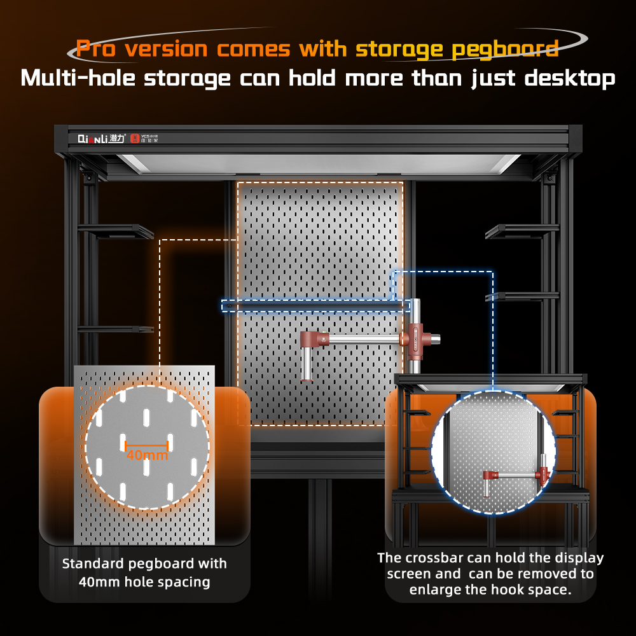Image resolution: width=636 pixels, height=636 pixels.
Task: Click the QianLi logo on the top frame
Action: tap(101, 139)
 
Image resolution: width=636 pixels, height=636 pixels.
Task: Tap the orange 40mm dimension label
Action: tap(148, 455)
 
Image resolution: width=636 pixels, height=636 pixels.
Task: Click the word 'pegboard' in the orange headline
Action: tap(505, 50)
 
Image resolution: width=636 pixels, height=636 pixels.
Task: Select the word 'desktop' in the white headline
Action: tap(570, 79)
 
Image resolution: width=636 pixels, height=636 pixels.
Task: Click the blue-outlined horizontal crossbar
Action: tap(316, 306)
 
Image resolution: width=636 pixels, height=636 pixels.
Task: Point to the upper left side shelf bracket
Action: tap(116, 232)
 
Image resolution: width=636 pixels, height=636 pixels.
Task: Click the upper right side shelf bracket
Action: tap(522, 232)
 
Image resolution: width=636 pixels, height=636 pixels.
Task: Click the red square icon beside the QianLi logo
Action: tap(135, 139)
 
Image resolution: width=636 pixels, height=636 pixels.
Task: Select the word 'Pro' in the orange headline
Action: tap(96, 49)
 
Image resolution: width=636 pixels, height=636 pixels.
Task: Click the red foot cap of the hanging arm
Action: tap(307, 380)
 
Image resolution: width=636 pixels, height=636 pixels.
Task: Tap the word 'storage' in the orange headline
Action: tap(399, 50)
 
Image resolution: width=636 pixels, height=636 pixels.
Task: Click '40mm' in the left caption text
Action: tap(99, 582)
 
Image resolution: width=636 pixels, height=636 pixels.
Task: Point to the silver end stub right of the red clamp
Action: tap(436, 339)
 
